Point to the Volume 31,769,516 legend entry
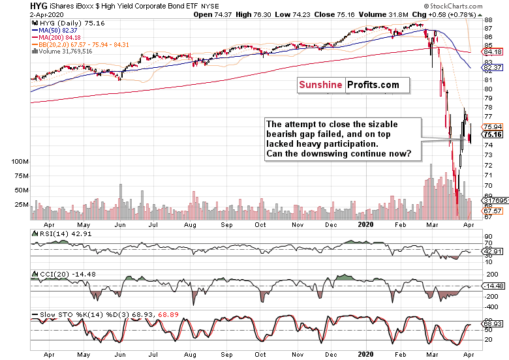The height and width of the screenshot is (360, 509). click(x=65, y=51)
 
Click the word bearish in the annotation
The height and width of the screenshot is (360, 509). click(x=286, y=134)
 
